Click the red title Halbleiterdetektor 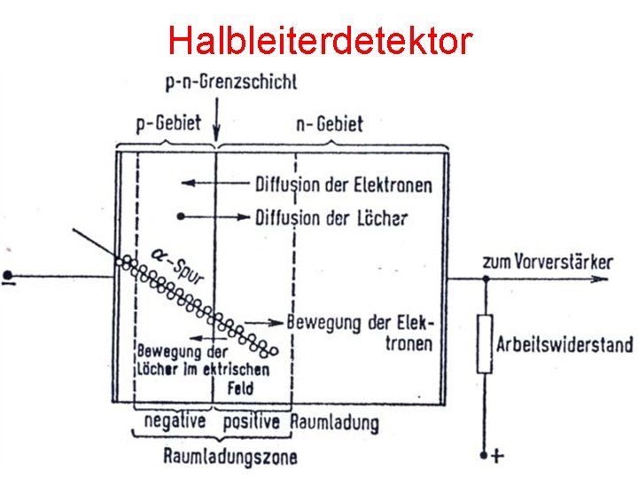click(320, 40)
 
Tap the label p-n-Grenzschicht click(231, 82)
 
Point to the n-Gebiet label click(329, 123)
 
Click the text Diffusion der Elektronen click(344, 185)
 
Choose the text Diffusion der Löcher click(331, 216)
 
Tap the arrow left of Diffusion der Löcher click(213, 216)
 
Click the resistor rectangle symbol click(484, 342)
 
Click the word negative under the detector click(175, 420)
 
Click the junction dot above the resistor click(484, 278)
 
